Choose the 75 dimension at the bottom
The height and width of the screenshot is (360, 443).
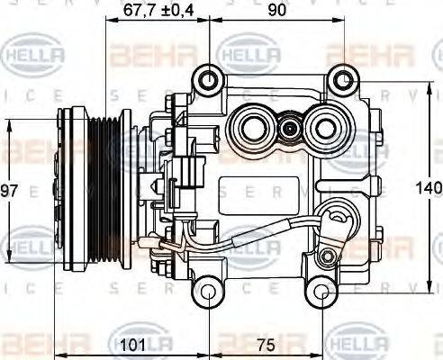click(264, 343)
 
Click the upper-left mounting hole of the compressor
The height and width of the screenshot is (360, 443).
click(210, 80)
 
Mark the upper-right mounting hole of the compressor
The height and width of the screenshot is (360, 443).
click(341, 80)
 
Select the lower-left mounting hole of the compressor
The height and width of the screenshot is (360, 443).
click(208, 292)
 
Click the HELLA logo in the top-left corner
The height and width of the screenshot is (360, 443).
click(35, 56)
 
